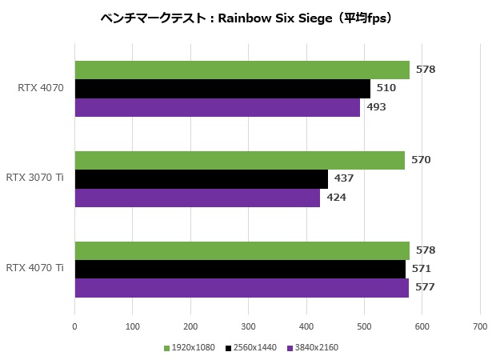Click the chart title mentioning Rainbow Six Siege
(x=248, y=17)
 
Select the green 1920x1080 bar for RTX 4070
(x=242, y=70)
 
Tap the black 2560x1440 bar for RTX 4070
(x=222, y=88)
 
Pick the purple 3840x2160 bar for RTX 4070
(x=217, y=107)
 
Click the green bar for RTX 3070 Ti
(x=239, y=160)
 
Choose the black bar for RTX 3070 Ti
(x=201, y=178)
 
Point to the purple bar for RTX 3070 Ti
(x=197, y=198)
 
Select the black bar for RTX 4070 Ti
(x=240, y=269)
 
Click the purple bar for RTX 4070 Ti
(x=242, y=288)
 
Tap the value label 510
(x=386, y=88)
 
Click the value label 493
(x=376, y=107)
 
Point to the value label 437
(x=344, y=178)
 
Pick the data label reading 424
(x=336, y=198)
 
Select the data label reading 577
(x=425, y=288)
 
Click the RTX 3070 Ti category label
(x=34, y=178)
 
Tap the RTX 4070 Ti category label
(x=34, y=268)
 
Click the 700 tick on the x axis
(x=479, y=326)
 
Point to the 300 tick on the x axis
(x=248, y=326)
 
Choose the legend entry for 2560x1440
(x=251, y=348)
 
